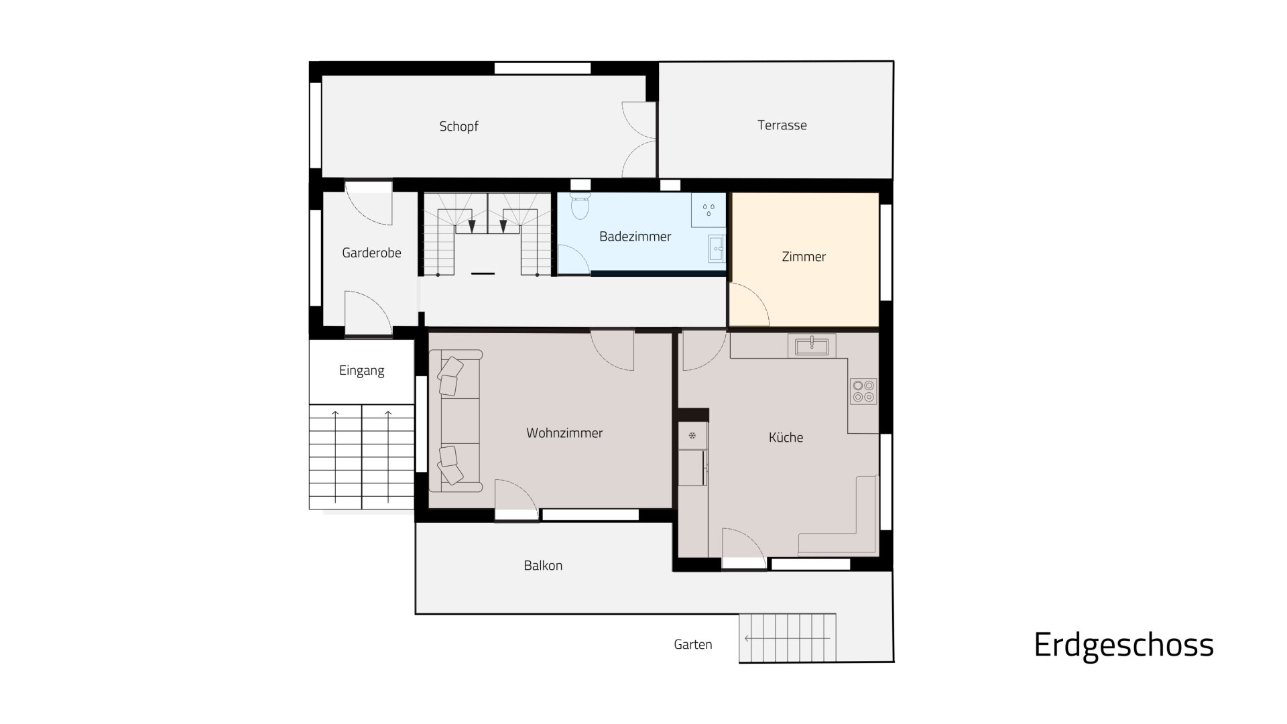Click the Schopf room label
458,127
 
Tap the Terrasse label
782,125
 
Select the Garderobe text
371,253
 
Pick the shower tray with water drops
709,210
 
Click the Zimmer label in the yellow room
804,257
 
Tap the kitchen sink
812,347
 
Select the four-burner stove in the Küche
863,391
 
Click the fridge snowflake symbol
692,436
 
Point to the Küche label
786,438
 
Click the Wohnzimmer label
564,433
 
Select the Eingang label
361,371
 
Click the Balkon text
543,566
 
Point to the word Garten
693,645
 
